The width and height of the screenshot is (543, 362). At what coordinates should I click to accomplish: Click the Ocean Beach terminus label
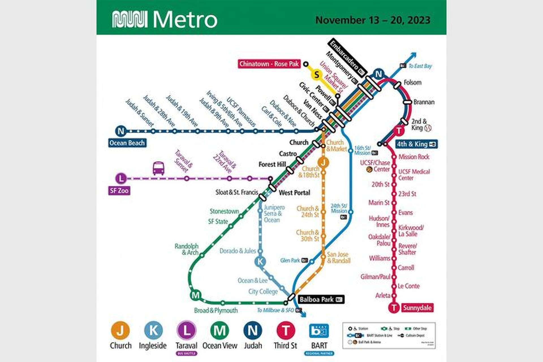point(127,143)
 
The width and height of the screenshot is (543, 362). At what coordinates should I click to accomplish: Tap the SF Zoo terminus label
point(119,191)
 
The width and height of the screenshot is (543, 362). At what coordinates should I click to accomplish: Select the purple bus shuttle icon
point(158,169)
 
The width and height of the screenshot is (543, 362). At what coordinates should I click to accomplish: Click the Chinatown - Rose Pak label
point(269,64)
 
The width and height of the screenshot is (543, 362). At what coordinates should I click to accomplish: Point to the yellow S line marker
point(316,75)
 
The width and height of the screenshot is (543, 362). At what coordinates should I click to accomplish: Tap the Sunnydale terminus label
point(417,308)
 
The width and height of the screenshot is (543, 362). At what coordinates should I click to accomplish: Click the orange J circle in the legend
point(120,330)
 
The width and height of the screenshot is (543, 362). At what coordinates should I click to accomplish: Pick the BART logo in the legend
point(319,331)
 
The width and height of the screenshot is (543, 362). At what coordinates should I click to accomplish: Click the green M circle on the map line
point(195,296)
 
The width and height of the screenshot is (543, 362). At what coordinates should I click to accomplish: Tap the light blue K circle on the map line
point(260,262)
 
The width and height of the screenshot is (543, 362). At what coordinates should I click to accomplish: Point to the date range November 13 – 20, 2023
point(373,20)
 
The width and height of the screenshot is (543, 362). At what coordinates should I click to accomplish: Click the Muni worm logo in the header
point(130,19)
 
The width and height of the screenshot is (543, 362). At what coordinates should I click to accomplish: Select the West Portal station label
point(294,193)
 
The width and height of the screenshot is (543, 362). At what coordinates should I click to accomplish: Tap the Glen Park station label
point(290,260)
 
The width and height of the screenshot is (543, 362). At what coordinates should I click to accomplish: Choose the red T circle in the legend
point(286,330)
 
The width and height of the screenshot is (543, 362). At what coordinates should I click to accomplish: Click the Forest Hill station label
point(272,164)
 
